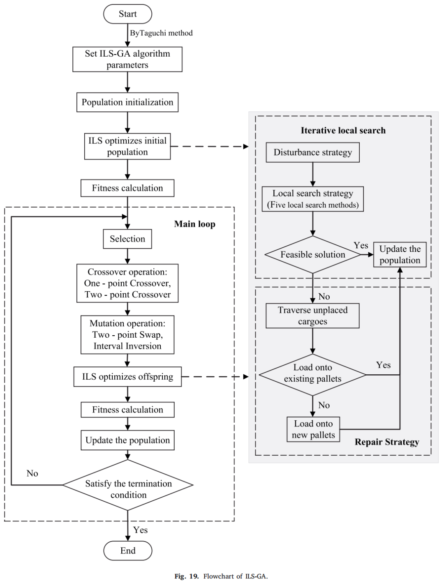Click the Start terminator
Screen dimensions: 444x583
click(x=127, y=14)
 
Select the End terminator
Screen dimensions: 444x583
click(x=127, y=551)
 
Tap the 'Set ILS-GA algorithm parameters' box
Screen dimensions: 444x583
click(x=127, y=59)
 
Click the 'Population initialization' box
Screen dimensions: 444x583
click(x=127, y=102)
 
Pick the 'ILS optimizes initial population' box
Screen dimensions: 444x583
click(x=127, y=146)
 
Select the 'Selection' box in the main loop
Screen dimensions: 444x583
click(x=127, y=239)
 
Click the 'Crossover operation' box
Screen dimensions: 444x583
click(x=127, y=283)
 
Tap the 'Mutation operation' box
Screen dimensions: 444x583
click(x=127, y=335)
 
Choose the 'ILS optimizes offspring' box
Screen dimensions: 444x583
click(x=127, y=377)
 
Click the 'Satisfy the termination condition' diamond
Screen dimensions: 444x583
click(x=128, y=485)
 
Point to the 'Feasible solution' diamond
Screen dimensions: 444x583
click(x=313, y=254)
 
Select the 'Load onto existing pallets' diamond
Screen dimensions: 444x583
click(x=313, y=375)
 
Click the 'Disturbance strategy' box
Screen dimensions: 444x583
click(x=313, y=152)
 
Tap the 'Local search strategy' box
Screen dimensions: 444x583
click(x=313, y=199)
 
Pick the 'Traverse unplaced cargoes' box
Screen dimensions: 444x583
click(x=313, y=316)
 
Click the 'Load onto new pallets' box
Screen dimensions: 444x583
click(x=313, y=429)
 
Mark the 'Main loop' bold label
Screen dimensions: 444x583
click(x=195, y=224)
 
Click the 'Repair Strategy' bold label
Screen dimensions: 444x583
click(x=387, y=442)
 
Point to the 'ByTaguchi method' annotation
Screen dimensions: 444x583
click(x=161, y=33)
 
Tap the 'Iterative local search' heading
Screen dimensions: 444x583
click(x=343, y=130)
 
